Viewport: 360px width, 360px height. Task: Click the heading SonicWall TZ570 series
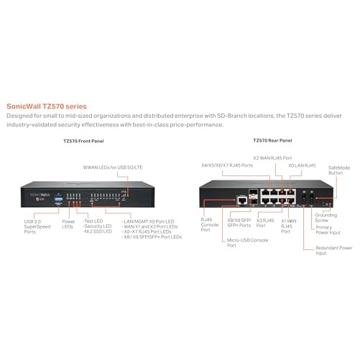click(x=47, y=106)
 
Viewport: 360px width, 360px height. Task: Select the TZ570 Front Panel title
click(x=83, y=141)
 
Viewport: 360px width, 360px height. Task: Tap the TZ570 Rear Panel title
click(x=272, y=140)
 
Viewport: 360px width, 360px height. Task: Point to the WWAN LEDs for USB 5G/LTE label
click(x=113, y=167)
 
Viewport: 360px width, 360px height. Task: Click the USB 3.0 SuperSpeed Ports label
click(x=37, y=226)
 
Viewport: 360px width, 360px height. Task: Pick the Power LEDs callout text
click(x=68, y=224)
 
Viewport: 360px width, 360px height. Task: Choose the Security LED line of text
click(x=98, y=226)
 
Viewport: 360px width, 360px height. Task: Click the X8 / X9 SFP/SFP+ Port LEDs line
click(x=152, y=237)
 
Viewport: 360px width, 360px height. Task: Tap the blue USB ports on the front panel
click(x=58, y=199)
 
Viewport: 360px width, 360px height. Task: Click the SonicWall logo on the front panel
click(x=40, y=195)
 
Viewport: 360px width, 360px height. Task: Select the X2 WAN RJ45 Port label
click(x=272, y=158)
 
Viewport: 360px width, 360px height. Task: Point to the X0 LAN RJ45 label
click(x=302, y=165)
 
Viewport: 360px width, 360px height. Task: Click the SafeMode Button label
click(x=339, y=170)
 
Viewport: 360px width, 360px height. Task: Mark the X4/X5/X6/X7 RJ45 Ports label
click(x=227, y=165)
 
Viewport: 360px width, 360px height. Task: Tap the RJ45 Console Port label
click(x=210, y=225)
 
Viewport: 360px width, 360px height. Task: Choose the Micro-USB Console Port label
click(x=247, y=243)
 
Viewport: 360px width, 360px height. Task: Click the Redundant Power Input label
click(x=334, y=251)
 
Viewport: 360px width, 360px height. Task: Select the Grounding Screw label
click(x=326, y=218)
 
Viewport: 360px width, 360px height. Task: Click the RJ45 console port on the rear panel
click(x=242, y=200)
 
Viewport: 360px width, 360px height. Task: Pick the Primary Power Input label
click(x=328, y=230)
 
